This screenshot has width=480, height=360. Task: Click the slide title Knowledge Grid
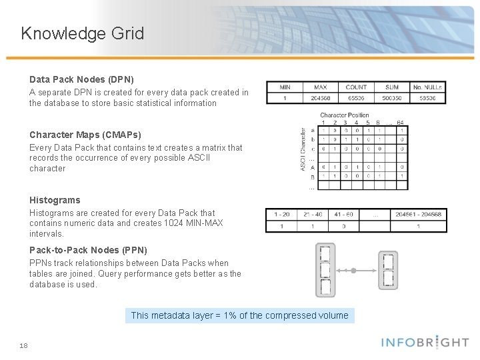(83, 33)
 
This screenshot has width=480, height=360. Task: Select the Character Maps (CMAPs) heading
(85, 135)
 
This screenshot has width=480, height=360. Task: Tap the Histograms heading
(55, 200)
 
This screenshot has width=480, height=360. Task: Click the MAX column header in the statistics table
(320, 87)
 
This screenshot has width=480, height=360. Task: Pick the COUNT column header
(356, 87)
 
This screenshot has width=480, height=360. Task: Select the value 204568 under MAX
(320, 97)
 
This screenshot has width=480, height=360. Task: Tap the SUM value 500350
(392, 97)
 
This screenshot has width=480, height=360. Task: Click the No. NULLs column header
(427, 87)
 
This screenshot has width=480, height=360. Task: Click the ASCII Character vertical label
(304, 149)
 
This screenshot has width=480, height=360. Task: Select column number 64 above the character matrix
(401, 123)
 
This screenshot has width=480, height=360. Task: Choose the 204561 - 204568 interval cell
(418, 215)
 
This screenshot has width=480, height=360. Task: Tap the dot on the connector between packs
(354, 271)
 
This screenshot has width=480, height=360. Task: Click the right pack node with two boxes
(389, 270)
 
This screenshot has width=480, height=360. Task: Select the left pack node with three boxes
(325, 270)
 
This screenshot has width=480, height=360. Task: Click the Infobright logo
(425, 343)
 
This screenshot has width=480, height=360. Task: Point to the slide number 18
(24, 345)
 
